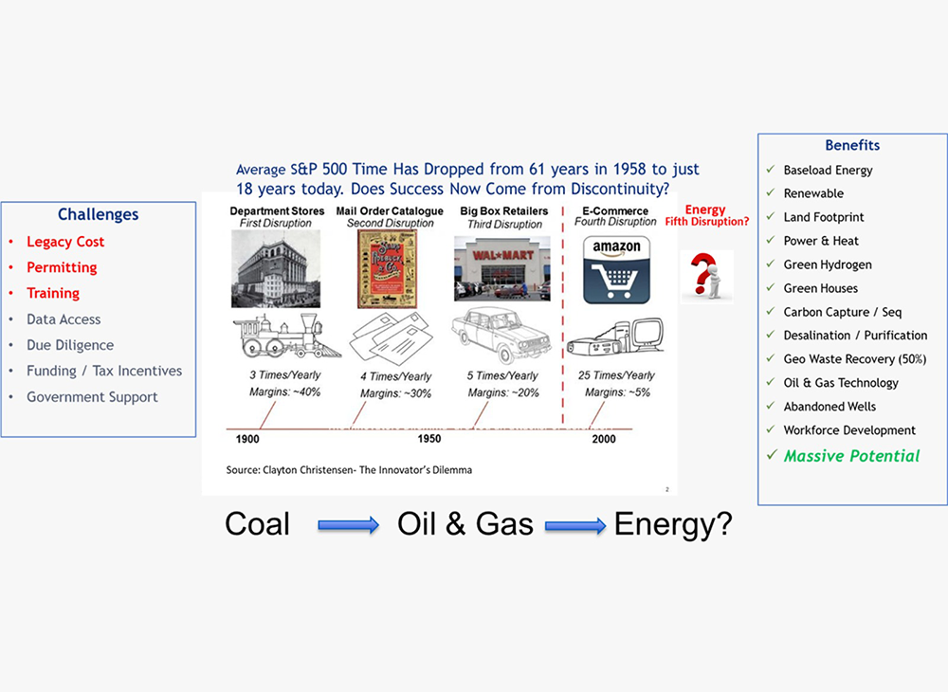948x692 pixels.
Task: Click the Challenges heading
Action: coord(98,214)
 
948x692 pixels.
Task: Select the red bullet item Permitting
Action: coord(62,267)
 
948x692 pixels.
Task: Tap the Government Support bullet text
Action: coord(92,397)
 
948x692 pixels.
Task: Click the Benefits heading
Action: coord(852,145)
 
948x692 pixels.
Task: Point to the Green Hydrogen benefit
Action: coord(828,264)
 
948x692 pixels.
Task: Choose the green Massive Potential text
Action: coord(852,456)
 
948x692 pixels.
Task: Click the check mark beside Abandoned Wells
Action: coord(770,406)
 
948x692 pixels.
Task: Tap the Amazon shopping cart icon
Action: coord(616,269)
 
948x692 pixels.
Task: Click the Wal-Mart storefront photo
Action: coord(502,268)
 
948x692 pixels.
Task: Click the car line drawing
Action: coord(501,334)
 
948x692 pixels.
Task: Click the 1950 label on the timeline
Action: coord(429,439)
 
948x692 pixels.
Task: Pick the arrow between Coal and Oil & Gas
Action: coord(349,525)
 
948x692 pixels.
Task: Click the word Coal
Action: coord(258,523)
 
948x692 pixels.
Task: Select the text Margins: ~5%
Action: coord(617,392)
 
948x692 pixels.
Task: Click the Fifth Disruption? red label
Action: coord(707,222)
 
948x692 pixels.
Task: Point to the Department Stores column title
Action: coord(277,211)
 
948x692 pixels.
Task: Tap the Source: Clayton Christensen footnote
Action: coord(349,469)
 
